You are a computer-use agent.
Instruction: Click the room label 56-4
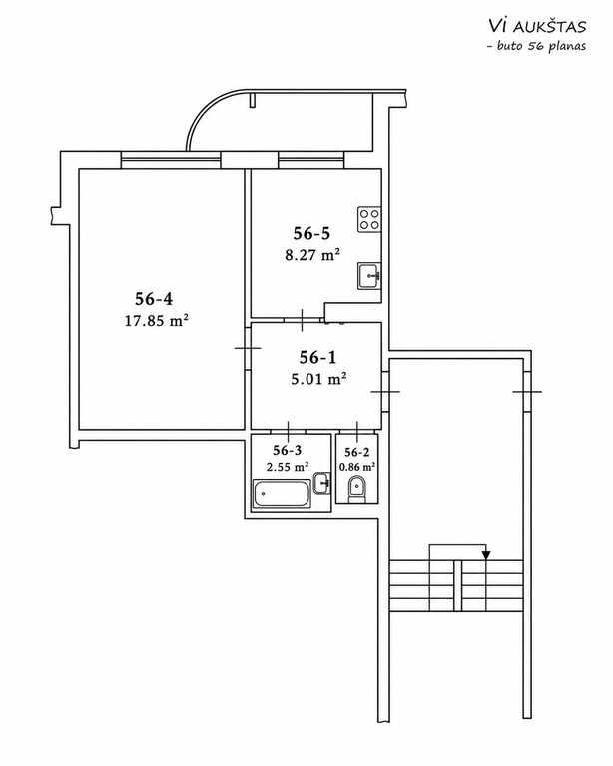pos(154,298)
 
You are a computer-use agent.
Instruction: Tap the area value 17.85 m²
pos(157,321)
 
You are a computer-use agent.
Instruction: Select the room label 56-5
pos(311,233)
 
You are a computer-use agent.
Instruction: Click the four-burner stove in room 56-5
pos(369,219)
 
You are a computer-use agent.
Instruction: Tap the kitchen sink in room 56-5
pos(369,276)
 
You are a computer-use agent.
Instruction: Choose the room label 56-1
pos(317,358)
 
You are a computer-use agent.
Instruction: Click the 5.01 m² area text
pos(318,379)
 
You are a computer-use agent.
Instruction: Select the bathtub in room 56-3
pos(282,494)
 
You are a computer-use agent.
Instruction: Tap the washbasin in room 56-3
pos(321,483)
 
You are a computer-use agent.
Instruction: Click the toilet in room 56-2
pos(357,490)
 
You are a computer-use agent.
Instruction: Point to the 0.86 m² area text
pos(357,467)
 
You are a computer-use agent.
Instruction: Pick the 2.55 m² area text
pos(288,467)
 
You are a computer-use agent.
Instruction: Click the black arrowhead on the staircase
pos(486,554)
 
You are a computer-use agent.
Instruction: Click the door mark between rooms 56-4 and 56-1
pos(248,348)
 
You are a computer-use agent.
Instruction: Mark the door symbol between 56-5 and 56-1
pos(303,320)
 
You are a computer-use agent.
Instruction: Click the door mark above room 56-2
pos(357,431)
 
